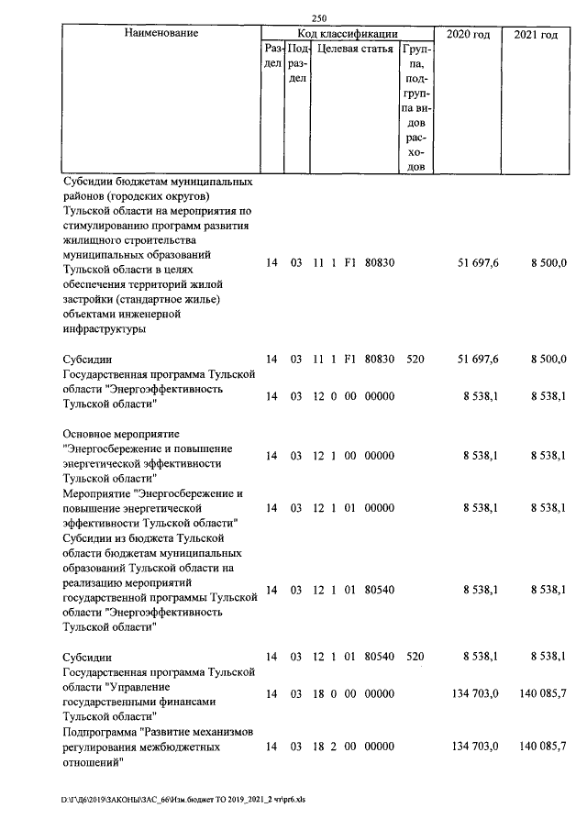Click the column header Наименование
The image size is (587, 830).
point(161,33)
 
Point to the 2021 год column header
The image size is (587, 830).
point(537,34)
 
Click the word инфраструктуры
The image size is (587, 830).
point(106,328)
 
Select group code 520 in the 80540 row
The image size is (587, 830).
point(415,657)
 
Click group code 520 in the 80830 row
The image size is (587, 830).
point(415,359)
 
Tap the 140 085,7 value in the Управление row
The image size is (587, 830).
point(542,693)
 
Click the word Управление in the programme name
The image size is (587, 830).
point(147,687)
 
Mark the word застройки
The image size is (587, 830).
point(95,299)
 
